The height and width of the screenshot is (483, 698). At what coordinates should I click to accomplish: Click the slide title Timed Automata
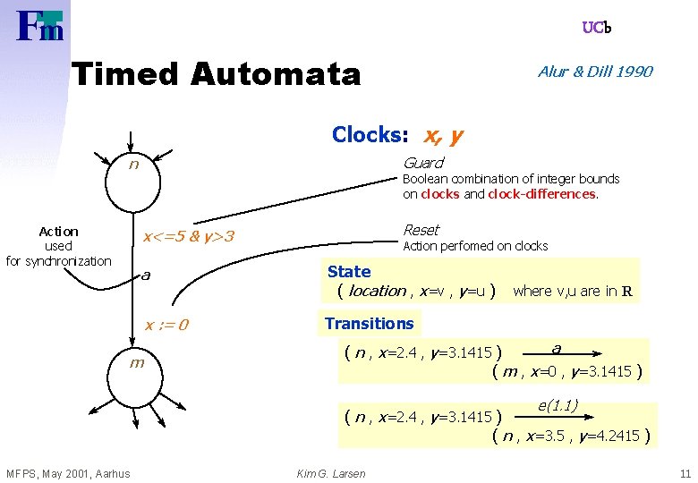pyautogui.click(x=216, y=73)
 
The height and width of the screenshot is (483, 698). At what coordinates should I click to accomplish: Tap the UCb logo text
pyautogui.click(x=597, y=28)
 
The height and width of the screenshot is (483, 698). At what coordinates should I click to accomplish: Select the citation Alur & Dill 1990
pyautogui.click(x=595, y=72)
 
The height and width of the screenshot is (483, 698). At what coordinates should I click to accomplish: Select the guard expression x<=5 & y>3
pyautogui.click(x=189, y=237)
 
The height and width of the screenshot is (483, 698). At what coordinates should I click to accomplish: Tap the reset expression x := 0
pyautogui.click(x=166, y=324)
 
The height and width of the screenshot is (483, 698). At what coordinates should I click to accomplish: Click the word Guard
pyautogui.click(x=422, y=163)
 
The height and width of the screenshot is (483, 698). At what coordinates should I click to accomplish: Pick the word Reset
pyautogui.click(x=421, y=230)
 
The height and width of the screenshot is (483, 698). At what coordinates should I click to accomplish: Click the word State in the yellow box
pyautogui.click(x=349, y=271)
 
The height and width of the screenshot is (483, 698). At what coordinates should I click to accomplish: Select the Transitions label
pyautogui.click(x=369, y=324)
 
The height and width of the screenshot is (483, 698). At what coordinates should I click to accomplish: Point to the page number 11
pyautogui.click(x=685, y=473)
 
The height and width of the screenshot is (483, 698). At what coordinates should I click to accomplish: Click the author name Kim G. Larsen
pyautogui.click(x=330, y=473)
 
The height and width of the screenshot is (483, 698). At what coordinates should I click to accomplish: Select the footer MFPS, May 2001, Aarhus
pyautogui.click(x=68, y=473)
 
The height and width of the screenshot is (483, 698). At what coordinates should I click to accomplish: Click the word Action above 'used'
pyautogui.click(x=59, y=232)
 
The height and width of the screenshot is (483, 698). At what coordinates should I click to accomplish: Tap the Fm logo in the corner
pyautogui.click(x=40, y=25)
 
